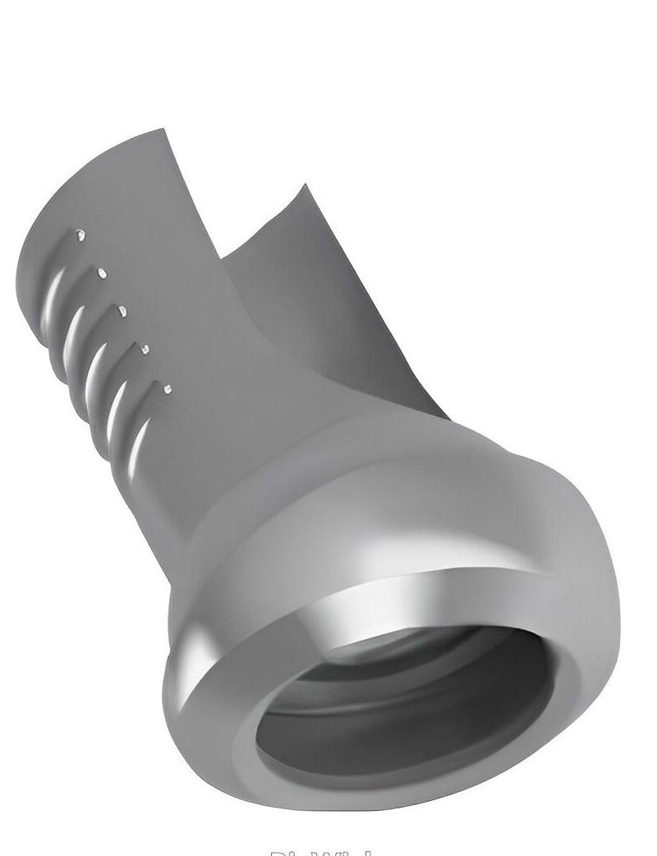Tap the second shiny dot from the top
click(102, 272)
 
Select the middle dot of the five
click(122, 311)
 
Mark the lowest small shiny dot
click(168, 389)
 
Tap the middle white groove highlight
click(97, 366)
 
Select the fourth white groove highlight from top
click(119, 403)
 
